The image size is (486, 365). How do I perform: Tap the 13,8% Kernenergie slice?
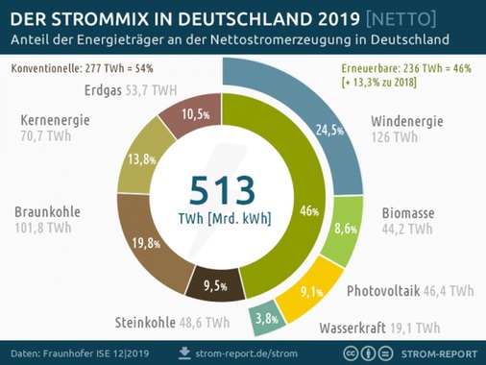tap(140, 158)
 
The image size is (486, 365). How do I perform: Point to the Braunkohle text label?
tap(47, 211)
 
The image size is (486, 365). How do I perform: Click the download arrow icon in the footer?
tap(186, 353)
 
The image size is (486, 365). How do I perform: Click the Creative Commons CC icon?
tap(352, 353)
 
